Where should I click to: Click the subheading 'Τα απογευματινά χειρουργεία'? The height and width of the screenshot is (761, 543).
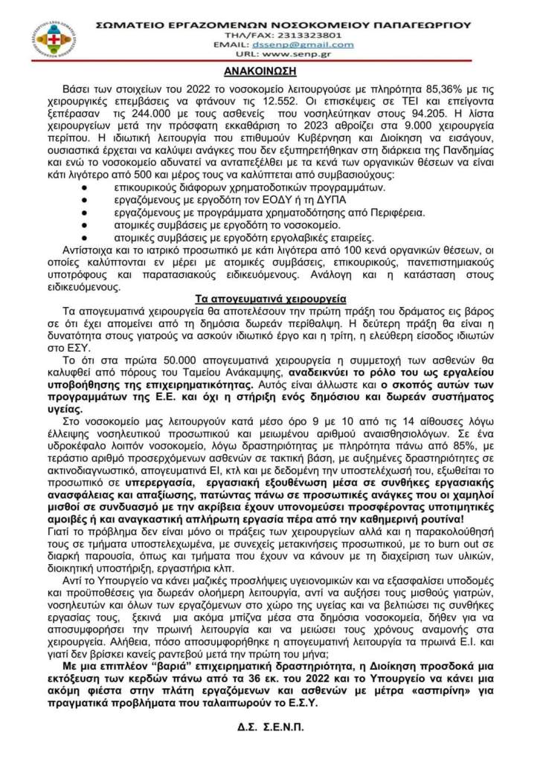(271, 298)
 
